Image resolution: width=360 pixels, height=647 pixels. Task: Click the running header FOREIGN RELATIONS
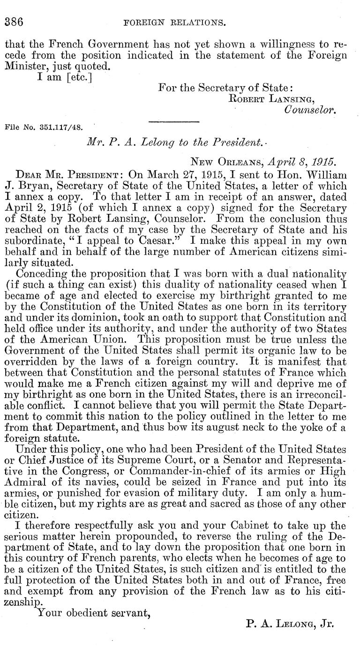[x=180, y=22]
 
